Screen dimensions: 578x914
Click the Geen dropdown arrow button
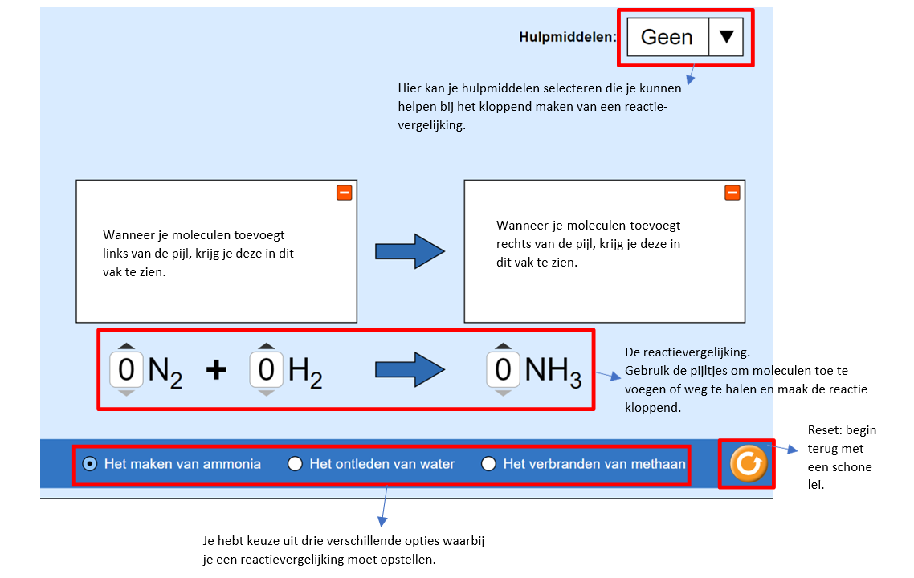(x=726, y=37)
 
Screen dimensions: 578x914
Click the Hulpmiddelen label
(x=568, y=37)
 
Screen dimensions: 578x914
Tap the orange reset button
(x=749, y=463)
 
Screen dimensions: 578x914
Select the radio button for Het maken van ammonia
(x=90, y=463)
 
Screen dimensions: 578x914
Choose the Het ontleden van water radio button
(x=296, y=463)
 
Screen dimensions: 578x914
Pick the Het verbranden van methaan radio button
(x=488, y=463)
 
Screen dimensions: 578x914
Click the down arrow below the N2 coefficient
(x=127, y=393)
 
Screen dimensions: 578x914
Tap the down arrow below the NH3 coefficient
(x=503, y=393)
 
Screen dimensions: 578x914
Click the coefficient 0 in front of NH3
(x=503, y=370)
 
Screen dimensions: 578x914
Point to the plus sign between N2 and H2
(x=216, y=370)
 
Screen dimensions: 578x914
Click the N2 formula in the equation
(x=165, y=371)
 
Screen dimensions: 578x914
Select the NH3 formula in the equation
(x=553, y=371)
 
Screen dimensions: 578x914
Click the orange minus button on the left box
(x=344, y=193)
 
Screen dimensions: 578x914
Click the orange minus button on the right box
(x=732, y=193)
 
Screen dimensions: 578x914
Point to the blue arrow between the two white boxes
(x=410, y=251)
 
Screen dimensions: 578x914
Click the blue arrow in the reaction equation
(x=410, y=370)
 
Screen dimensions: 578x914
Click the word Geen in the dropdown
(x=667, y=37)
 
